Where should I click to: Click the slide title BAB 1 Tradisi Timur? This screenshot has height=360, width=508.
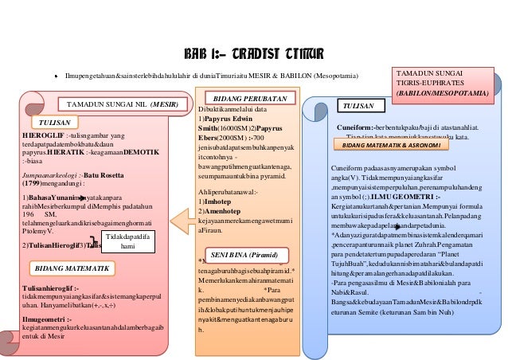253,53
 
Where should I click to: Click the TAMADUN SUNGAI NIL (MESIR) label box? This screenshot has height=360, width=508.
120,104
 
